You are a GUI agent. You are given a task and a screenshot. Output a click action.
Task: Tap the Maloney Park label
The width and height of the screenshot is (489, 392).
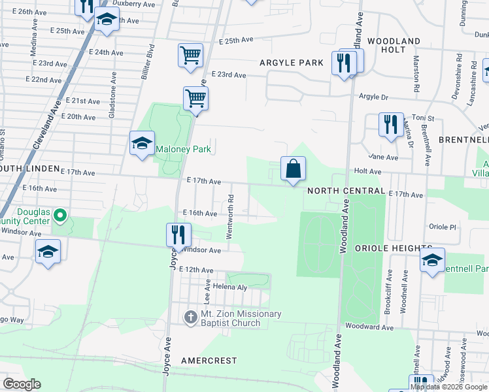point(183,149)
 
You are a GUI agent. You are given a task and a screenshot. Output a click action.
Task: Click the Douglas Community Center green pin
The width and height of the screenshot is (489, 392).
point(60,215)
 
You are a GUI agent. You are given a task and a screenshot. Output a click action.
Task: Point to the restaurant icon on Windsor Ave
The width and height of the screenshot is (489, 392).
point(177,235)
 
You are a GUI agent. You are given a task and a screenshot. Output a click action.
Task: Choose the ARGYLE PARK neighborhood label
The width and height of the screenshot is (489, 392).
point(292,63)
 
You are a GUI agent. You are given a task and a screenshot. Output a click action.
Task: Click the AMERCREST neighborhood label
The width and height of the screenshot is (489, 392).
point(209,361)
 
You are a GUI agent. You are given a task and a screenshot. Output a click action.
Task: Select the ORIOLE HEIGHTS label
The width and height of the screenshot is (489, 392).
point(394,248)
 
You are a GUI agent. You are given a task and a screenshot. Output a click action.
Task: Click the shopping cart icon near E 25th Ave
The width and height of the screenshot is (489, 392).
point(190,55)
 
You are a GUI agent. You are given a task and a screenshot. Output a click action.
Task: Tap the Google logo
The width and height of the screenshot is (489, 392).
point(22,384)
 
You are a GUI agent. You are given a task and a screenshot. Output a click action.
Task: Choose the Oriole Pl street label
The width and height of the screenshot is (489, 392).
point(441,227)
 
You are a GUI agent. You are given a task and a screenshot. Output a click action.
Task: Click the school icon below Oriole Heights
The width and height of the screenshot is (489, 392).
point(431,260)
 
